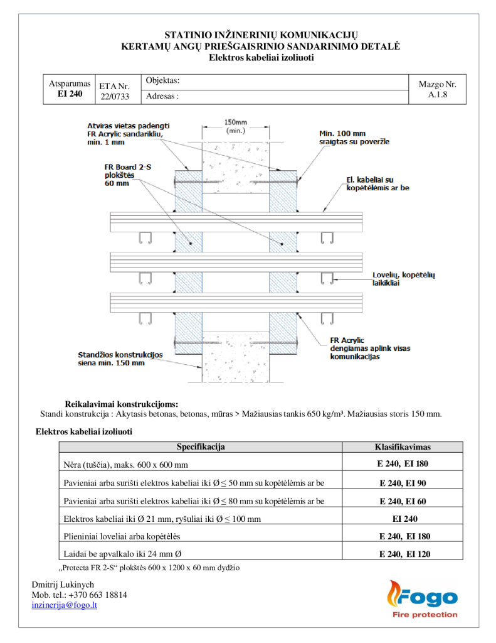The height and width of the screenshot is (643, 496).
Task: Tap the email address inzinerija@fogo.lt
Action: (64, 605)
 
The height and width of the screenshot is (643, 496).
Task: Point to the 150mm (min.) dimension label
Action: (235, 126)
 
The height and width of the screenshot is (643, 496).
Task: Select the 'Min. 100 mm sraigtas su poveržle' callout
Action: (352, 138)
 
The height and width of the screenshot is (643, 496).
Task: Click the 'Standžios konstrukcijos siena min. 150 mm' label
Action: (120, 359)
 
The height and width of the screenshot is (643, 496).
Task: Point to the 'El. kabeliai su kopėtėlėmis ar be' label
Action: (377, 184)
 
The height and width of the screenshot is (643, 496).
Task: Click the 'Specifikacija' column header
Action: (201, 447)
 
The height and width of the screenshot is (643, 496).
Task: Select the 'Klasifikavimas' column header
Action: (402, 447)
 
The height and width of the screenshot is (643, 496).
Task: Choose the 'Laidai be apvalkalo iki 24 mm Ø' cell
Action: (123, 554)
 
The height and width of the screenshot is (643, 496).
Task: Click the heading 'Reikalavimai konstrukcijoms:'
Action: (122, 403)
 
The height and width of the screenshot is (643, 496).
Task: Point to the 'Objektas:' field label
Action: (162, 81)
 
